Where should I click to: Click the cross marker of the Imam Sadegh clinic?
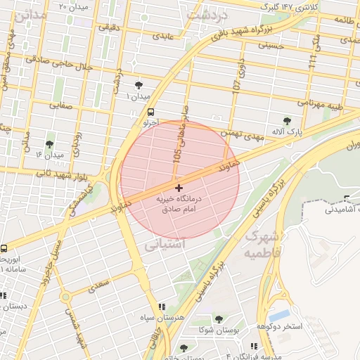179,188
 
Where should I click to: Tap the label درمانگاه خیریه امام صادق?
179,205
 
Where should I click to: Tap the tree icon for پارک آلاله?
288,120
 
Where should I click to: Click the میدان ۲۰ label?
74,6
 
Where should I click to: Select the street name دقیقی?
110,27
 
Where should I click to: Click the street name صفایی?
60,105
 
